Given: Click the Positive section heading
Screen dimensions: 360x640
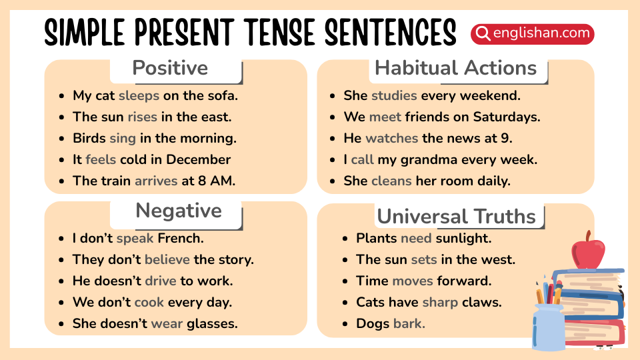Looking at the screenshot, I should (170, 68).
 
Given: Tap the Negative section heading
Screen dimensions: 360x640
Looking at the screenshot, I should (178, 211).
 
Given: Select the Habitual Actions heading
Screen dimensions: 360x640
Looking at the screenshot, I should (455, 68).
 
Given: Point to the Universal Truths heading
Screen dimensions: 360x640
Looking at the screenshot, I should (456, 217).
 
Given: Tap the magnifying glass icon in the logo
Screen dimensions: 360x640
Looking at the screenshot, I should (483, 33).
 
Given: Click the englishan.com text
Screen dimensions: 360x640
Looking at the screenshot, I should (541, 33).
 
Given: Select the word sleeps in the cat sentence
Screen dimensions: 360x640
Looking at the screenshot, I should (139, 95).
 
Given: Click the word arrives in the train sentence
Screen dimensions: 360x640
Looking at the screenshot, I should (156, 181).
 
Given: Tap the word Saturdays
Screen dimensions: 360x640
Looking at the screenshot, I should (506, 117).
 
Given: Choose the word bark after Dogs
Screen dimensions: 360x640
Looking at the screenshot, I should (409, 323).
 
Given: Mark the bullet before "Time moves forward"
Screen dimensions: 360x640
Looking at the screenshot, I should (344, 281).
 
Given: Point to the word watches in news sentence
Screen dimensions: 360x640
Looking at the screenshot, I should (391, 138).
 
